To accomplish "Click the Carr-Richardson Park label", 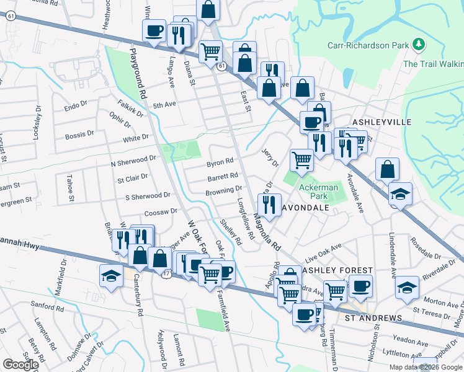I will click(x=369, y=45).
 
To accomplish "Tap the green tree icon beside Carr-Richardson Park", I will click(x=420, y=45).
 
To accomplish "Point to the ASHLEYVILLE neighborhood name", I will click(x=382, y=122).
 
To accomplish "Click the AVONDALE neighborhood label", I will click(x=305, y=208).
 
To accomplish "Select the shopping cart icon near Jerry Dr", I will click(x=301, y=159).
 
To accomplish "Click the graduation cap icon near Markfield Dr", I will click(x=111, y=275).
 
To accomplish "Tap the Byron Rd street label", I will click(x=220, y=163).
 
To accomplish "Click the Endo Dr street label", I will click(x=76, y=107).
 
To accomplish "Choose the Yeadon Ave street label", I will click(x=406, y=339).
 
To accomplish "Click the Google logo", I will click(x=20, y=365).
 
